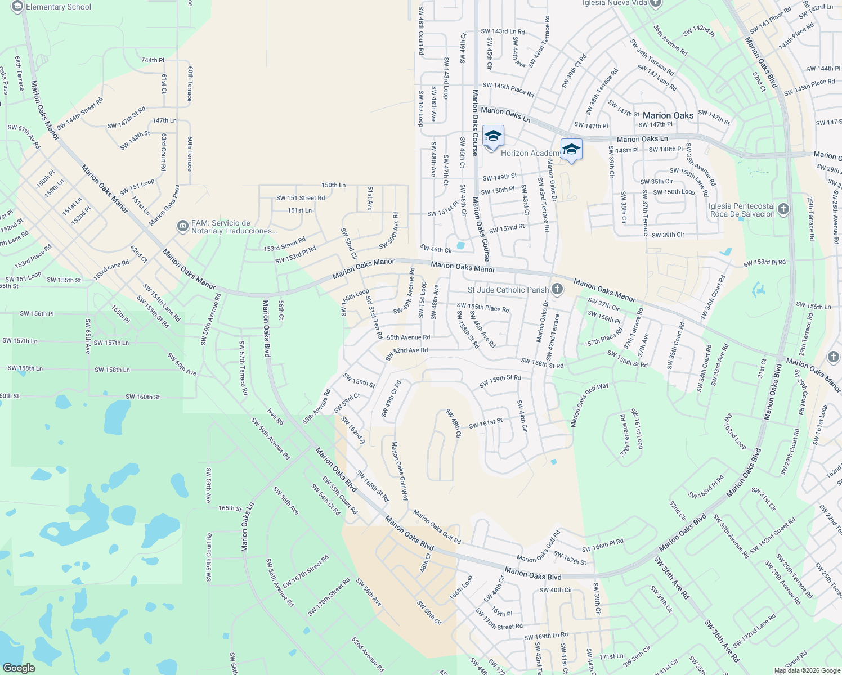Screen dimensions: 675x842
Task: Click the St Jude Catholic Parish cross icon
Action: [x=557, y=289]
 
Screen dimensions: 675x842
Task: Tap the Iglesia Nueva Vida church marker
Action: [x=655, y=3]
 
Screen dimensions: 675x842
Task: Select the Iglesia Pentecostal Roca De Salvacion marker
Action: [x=783, y=210]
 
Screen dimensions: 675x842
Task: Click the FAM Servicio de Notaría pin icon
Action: [x=182, y=227]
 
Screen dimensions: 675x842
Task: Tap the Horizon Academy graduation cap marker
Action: [x=492, y=137]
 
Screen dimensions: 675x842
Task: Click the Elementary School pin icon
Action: [x=17, y=7]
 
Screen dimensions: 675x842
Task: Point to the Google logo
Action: [x=19, y=668]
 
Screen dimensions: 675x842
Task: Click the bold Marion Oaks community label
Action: [x=668, y=115]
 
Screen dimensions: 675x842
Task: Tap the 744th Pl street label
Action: [x=153, y=60]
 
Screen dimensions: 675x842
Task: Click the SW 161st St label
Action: [x=486, y=422]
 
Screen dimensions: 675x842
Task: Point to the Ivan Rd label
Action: [x=275, y=416]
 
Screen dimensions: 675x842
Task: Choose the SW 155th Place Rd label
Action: [x=482, y=308]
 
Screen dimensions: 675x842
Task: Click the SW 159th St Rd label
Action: [x=500, y=381]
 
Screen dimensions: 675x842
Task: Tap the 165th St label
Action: [x=230, y=508]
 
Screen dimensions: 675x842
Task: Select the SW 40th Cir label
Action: [x=556, y=590]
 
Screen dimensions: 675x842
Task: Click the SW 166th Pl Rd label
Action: [x=603, y=545]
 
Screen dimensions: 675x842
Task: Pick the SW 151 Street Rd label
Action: [x=300, y=198]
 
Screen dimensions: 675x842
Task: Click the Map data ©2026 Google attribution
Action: [x=807, y=670]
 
